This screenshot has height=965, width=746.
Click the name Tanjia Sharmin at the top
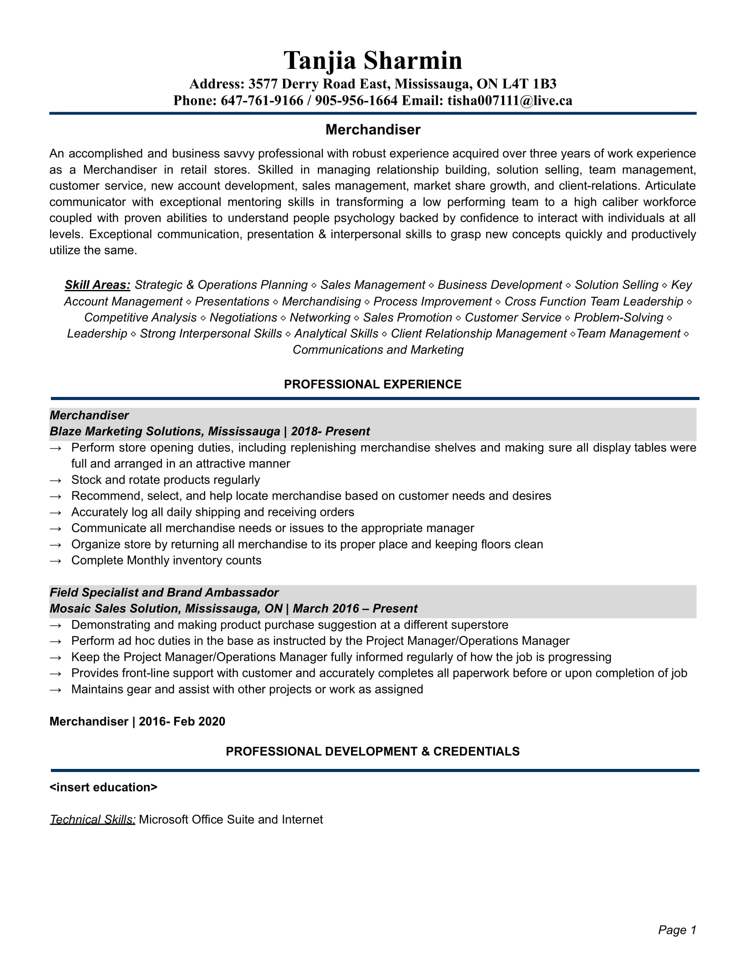click(373, 61)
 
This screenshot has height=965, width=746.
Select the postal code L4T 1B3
click(529, 84)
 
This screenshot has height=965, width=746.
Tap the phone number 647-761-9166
click(262, 101)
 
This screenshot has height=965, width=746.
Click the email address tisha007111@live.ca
click(509, 101)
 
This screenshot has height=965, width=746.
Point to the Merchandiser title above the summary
click(373, 129)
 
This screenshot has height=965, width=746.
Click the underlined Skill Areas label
click(97, 285)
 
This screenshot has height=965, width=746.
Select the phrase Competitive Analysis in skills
click(140, 318)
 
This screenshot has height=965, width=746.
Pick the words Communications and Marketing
click(378, 350)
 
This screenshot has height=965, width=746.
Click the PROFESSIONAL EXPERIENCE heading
click(373, 384)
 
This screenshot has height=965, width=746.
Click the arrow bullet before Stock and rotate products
click(55, 480)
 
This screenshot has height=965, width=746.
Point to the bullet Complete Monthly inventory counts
click(166, 560)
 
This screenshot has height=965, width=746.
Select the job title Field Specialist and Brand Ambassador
click(164, 593)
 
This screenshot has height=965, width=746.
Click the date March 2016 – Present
click(355, 609)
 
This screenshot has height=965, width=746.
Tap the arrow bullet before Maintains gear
click(55, 690)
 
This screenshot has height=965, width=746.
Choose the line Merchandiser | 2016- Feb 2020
click(137, 722)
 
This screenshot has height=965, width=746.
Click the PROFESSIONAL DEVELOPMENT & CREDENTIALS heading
click(373, 751)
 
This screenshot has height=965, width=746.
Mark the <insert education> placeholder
click(104, 787)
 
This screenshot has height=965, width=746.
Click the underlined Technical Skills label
click(92, 820)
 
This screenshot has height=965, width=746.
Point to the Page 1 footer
click(677, 930)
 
